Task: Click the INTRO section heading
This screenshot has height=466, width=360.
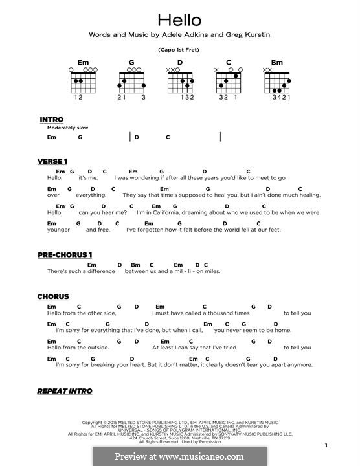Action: coord(51,120)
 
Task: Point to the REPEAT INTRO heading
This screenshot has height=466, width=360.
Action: coord(65,391)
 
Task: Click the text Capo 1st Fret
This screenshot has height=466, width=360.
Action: coord(179,50)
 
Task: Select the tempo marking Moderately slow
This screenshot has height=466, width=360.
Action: coord(67,128)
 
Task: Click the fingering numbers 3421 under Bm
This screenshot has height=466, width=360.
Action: coord(278,97)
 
